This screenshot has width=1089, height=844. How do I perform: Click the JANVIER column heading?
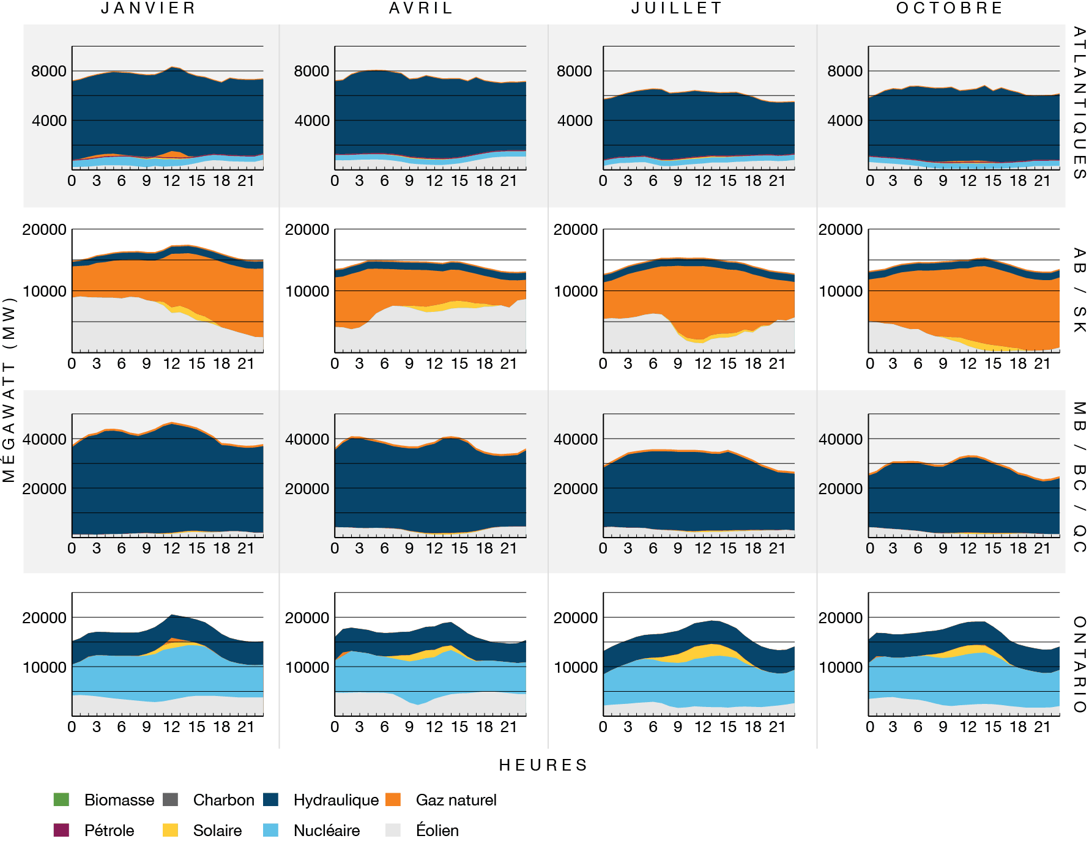(x=149, y=9)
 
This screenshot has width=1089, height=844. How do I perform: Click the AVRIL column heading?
(x=422, y=9)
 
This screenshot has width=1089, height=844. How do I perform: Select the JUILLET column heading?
(x=677, y=9)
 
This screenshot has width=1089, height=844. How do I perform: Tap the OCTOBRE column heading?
(x=950, y=9)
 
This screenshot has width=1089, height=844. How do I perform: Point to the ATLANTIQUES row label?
(x=1079, y=103)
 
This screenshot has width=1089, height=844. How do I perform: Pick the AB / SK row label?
(x=1079, y=291)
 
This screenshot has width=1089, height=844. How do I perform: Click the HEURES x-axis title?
(x=543, y=765)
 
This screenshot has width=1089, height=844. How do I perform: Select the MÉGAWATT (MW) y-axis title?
(x=9, y=390)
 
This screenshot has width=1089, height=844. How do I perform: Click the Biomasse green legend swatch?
(x=61, y=799)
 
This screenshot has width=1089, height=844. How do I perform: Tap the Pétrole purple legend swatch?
(x=61, y=830)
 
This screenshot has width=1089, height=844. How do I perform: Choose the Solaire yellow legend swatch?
(x=170, y=830)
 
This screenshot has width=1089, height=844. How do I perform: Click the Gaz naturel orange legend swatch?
(x=393, y=799)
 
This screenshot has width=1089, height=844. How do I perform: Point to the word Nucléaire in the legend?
(x=327, y=831)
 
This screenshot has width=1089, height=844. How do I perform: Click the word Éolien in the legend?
(x=437, y=831)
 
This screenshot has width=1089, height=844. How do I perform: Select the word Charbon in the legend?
(x=223, y=800)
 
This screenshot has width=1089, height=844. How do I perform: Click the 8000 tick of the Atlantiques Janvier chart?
(x=49, y=72)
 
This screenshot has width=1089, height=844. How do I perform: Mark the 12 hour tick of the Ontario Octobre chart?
(x=968, y=727)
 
